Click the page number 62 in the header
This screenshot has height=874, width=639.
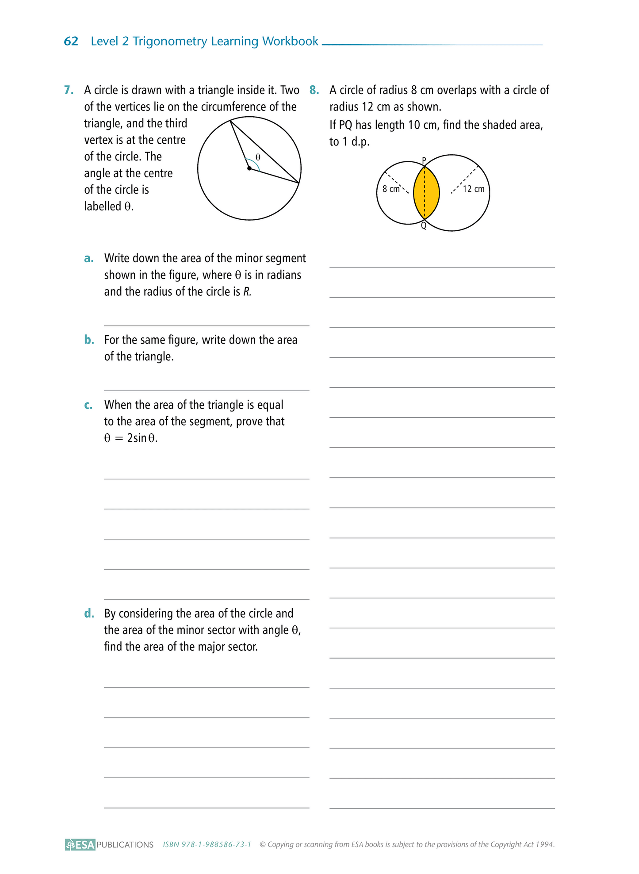[71, 41]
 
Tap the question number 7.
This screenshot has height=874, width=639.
[69, 90]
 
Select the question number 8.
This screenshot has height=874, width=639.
[314, 90]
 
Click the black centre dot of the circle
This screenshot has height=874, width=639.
[249, 168]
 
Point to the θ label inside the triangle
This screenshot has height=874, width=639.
[258, 157]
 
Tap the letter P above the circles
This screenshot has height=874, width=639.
[424, 160]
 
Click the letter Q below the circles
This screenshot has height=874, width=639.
[424, 226]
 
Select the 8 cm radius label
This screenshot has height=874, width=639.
[391, 189]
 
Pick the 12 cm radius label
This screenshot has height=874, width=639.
[474, 189]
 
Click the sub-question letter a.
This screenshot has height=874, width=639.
[89, 258]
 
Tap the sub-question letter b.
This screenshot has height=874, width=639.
[89, 340]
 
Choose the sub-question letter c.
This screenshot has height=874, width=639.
[88, 405]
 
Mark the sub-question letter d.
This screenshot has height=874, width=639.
[89, 614]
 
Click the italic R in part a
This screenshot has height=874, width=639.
[247, 292]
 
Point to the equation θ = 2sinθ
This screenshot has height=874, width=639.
[131, 438]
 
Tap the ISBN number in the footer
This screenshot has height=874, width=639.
[207, 844]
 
